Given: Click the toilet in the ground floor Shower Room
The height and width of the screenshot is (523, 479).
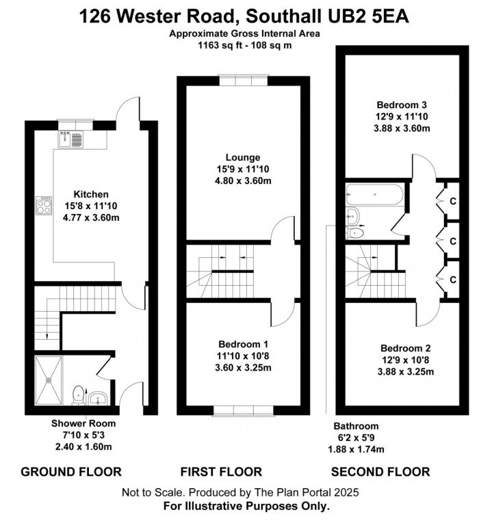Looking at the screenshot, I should (78, 394).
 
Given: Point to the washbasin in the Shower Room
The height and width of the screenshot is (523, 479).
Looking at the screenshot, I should (99, 397).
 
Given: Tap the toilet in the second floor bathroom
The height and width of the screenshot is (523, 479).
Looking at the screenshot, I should (355, 233).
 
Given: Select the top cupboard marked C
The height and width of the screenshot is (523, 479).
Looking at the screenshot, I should (453, 200).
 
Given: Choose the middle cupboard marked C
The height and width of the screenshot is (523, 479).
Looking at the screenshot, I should (453, 240).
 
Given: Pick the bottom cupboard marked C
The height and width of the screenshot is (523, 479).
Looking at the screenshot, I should (453, 279).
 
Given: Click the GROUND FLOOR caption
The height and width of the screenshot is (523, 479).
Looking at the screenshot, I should (71, 472).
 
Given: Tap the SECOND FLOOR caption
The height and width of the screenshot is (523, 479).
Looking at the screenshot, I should (380, 472).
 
